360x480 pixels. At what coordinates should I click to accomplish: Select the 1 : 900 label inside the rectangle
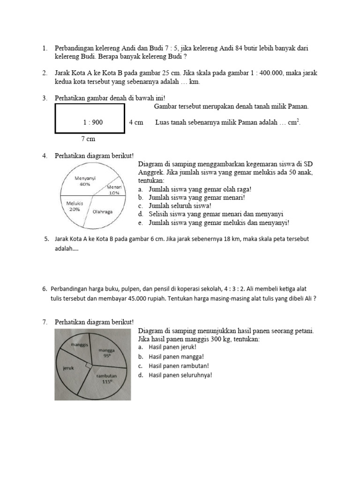pyautogui.click(x=93, y=122)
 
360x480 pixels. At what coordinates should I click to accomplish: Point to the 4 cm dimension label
pyautogui.click(x=136, y=122)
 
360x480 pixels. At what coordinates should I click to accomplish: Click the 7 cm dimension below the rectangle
pyautogui.click(x=88, y=139)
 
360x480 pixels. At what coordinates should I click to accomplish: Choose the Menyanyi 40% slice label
pyautogui.click(x=85, y=181)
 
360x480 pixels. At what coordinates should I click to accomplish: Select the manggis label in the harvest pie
pyautogui.click(x=80, y=345)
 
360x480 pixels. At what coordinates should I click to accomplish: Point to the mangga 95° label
pyautogui.click(x=107, y=352)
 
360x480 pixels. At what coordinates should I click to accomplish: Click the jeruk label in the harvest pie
pyautogui.click(x=69, y=368)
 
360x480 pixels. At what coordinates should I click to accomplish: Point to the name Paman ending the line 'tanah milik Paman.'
pyautogui.click(x=297, y=107)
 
